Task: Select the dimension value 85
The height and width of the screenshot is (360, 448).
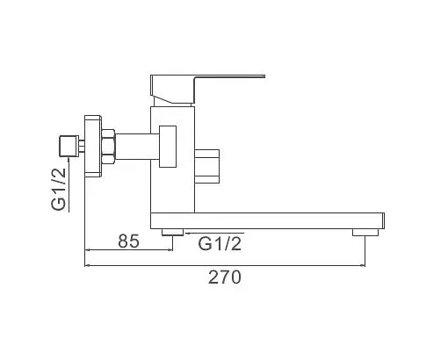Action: pos(128,241)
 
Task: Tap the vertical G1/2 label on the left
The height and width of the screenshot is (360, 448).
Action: pos(60,190)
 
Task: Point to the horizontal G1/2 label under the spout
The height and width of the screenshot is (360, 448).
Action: pos(220,242)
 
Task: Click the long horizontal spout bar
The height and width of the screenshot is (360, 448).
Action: pos(272,219)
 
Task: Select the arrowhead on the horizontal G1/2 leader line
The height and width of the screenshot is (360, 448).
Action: pos(186,234)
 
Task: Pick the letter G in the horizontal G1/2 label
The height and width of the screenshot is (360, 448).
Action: pos(206,242)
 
